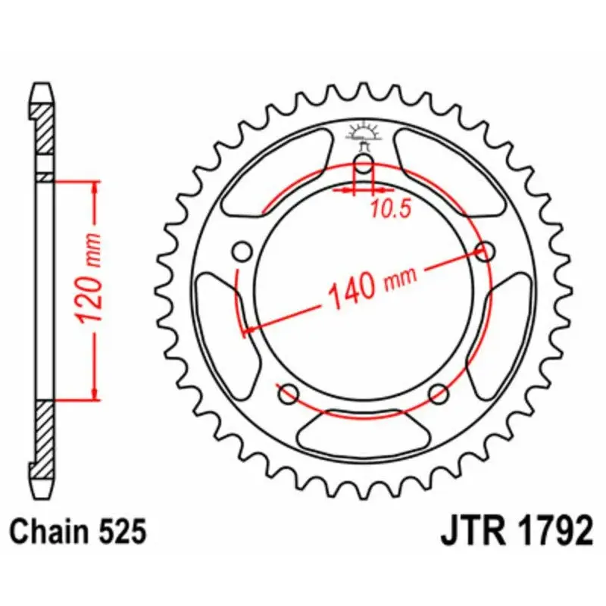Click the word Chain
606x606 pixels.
[x=55, y=532]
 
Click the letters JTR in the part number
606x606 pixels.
[x=473, y=532]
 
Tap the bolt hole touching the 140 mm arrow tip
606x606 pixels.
[x=485, y=251]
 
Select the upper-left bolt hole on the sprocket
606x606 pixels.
[x=242, y=251]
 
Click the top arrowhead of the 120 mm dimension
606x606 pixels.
[x=95, y=187]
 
